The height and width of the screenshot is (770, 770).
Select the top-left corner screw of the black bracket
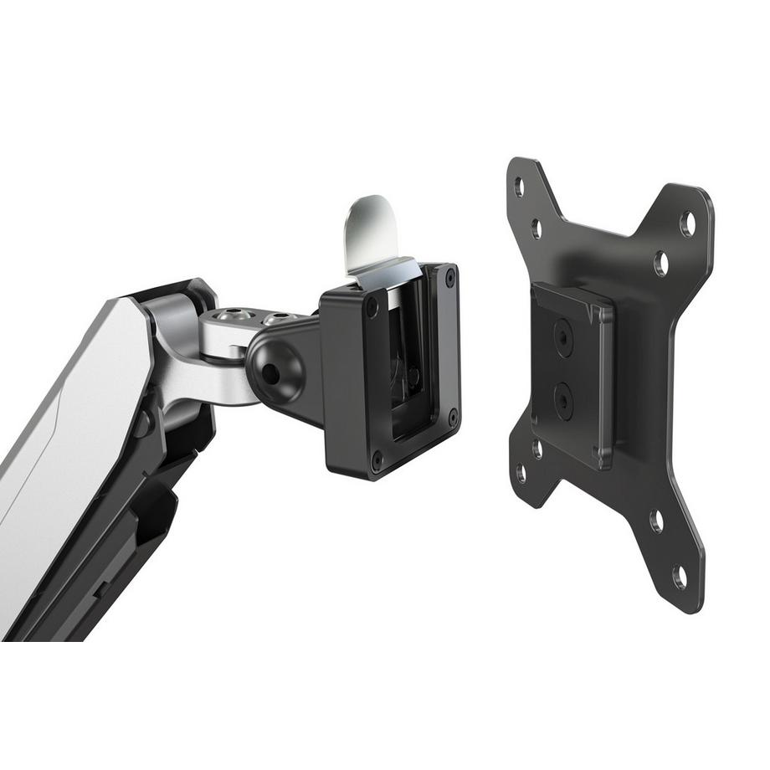(x=372, y=307)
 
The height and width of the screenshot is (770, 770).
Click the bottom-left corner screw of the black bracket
(x=377, y=459)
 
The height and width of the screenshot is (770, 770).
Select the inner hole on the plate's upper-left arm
(x=536, y=227)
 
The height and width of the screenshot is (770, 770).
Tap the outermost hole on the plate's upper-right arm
(x=688, y=223)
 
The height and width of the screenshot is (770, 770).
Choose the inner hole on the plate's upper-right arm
(x=661, y=264)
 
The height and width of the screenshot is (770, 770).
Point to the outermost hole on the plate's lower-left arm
(x=521, y=475)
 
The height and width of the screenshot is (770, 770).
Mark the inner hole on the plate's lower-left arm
(x=536, y=449)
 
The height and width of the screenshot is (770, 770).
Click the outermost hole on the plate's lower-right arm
(x=680, y=576)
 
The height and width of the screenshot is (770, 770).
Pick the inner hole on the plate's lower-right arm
(x=657, y=521)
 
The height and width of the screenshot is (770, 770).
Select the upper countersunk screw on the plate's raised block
(x=562, y=337)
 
